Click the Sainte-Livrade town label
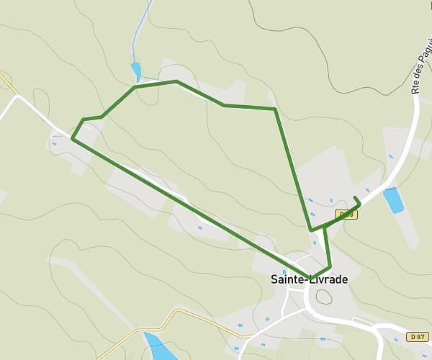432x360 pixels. point(308,279)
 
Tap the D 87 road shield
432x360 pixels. point(416,337)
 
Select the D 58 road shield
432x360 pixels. point(346,214)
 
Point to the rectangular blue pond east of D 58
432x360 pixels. point(394,199)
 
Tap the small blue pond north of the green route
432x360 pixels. point(136,71)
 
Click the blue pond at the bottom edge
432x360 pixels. point(159,347)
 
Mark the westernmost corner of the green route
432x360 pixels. point(73,138)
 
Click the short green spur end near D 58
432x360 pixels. point(356,198)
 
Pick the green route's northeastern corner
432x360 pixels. point(274,109)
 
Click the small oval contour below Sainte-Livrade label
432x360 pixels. point(324,296)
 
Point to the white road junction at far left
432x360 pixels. point(16,96)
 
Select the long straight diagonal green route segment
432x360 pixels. point(187,206)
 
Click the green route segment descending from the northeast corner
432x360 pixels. point(292,169)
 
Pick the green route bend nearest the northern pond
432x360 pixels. point(135,86)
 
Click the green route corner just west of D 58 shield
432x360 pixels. point(311,230)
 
